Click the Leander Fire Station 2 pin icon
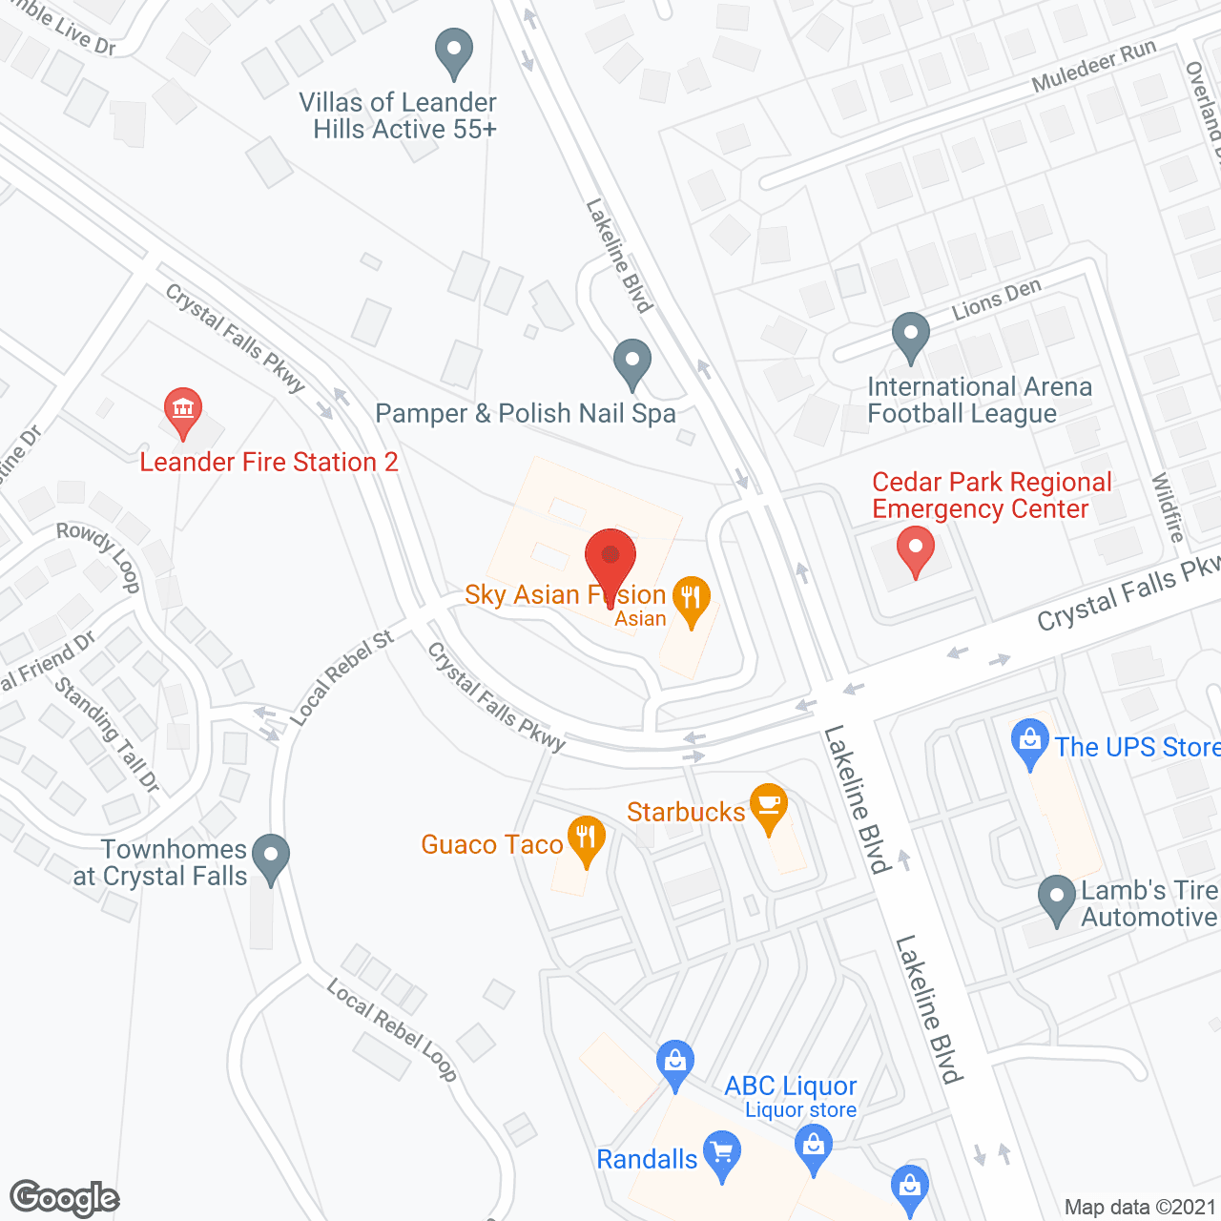click(182, 411)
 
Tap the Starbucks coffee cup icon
click(769, 807)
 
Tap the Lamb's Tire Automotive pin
click(1056, 899)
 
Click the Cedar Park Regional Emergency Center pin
click(916, 549)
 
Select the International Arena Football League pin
click(910, 336)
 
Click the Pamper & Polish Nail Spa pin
click(631, 362)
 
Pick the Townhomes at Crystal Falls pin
click(272, 857)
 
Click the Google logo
click(64, 1198)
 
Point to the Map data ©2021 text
click(1140, 1207)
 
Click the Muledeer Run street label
click(1094, 66)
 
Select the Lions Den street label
click(997, 300)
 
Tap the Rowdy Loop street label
click(99, 556)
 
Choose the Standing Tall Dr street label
click(107, 735)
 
